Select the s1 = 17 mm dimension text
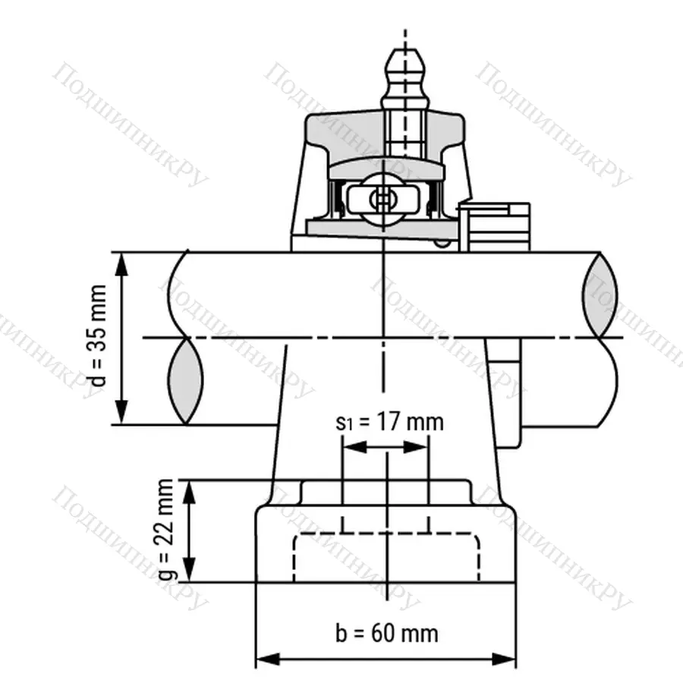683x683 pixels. (389, 422)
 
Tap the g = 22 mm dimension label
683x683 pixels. (168, 531)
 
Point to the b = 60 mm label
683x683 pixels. (387, 632)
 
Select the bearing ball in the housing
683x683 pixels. (382, 200)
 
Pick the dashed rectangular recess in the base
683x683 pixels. (387, 558)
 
